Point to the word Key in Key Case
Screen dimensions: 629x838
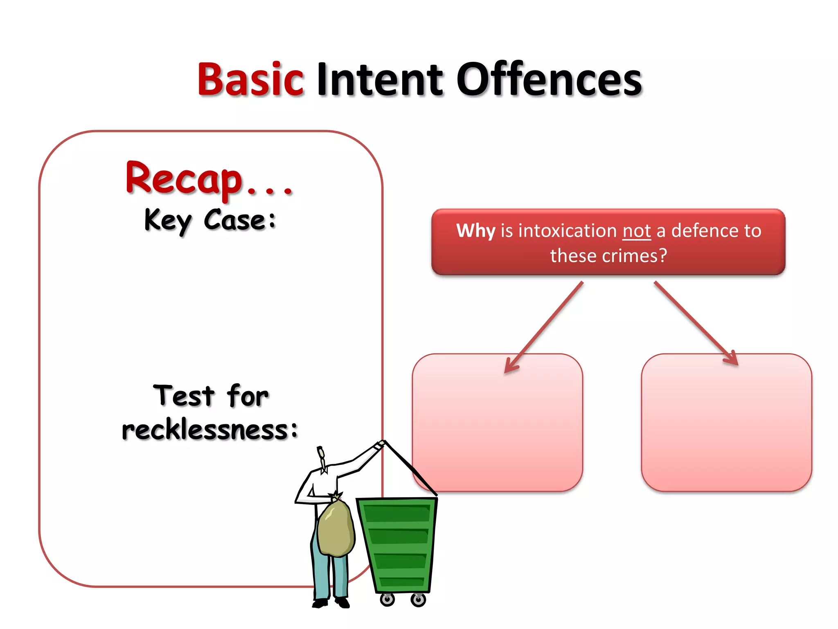point(168,221)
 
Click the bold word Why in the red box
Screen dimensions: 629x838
point(475,231)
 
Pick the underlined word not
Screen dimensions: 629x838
point(636,231)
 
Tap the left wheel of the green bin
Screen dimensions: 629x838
point(387,600)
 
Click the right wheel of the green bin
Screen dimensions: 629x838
point(418,600)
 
